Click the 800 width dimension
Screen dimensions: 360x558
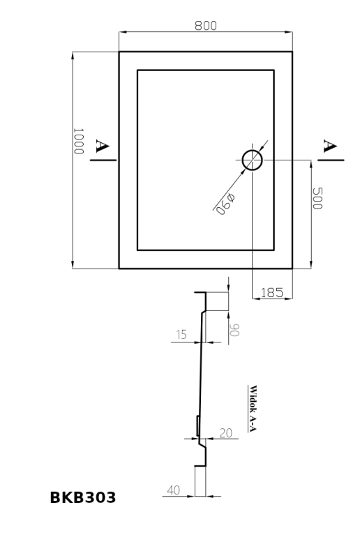pyautogui.click(x=205, y=26)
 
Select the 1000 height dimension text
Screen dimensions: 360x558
pyautogui.click(x=78, y=142)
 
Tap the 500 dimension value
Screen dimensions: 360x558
pyautogui.click(x=317, y=198)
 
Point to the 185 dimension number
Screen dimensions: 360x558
pyautogui.click(x=272, y=292)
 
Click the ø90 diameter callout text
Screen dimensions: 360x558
pyautogui.click(x=225, y=204)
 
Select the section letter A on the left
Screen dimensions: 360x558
pyautogui.click(x=102, y=146)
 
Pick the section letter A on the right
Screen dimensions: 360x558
pyautogui.click(x=330, y=146)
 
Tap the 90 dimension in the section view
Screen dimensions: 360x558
pyautogui.click(x=234, y=330)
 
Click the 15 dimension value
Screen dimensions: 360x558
pyautogui.click(x=181, y=335)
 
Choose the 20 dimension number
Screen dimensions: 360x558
pyautogui.click(x=226, y=433)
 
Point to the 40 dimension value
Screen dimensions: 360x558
pyautogui.click(x=174, y=490)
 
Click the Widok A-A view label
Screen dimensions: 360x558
pyautogui.click(x=253, y=408)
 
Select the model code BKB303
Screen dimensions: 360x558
pyautogui.click(x=82, y=497)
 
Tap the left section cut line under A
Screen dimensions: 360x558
pyautogui.click(x=103, y=160)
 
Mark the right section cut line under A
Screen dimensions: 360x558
pyautogui.click(x=331, y=160)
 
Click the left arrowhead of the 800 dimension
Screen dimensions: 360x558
pyautogui.click(x=123, y=32)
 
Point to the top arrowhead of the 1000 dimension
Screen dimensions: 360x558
pyautogui.click(x=73, y=56)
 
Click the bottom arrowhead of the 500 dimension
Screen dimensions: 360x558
pyautogui.click(x=311, y=264)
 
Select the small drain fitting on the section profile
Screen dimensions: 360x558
pyautogui.click(x=197, y=425)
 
